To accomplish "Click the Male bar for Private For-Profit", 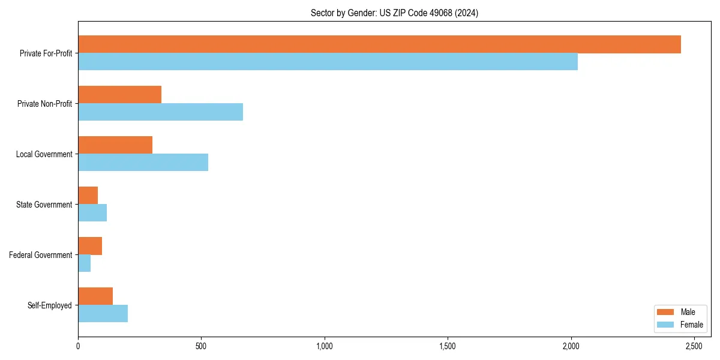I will (x=379, y=44).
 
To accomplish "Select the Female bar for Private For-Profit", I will (x=328, y=62).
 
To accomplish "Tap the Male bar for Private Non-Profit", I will (x=119, y=95).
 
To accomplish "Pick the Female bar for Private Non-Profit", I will (x=160, y=112).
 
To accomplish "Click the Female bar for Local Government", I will (x=143, y=163).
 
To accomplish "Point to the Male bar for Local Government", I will (x=115, y=145).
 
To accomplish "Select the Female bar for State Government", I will (x=92, y=213).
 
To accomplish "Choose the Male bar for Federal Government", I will (x=90, y=246).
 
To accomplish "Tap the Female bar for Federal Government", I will (x=84, y=263).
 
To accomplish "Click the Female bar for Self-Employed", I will (x=103, y=314).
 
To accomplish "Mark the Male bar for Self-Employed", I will (x=95, y=296).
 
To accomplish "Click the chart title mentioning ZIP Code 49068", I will (x=394, y=13).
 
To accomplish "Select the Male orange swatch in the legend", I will (x=666, y=312).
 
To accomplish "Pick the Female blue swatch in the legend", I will (x=666, y=325).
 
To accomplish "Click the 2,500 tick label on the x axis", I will (x=694, y=346).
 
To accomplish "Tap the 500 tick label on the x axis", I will (x=201, y=346).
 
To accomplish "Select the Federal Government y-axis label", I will (x=41, y=255).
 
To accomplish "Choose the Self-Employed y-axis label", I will (x=50, y=305).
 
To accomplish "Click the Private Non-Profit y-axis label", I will (x=44, y=104).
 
